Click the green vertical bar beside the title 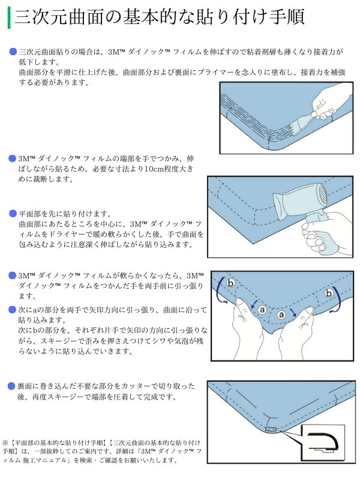click(x=8, y=16)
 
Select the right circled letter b click(x=329, y=293)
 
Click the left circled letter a click(x=262, y=310)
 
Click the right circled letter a click(x=280, y=314)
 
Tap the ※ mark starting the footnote click(x=6, y=441)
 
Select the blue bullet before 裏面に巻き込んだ click(x=12, y=386)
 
